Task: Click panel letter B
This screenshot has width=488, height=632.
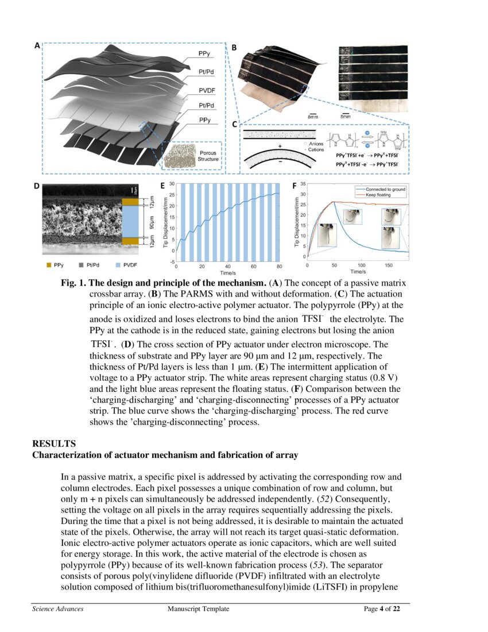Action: coord(234,47)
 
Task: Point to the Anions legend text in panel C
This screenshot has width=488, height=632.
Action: coord(316,144)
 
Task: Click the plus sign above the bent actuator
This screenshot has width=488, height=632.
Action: coord(280,147)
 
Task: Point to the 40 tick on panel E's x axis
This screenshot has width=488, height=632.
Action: coord(228,267)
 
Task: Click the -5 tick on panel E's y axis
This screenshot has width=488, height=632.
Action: coord(172,261)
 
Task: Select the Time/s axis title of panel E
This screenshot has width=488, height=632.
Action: coord(227,273)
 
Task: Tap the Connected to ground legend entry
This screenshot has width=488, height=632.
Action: coord(385,189)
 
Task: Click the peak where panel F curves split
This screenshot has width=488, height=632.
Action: coord(334,202)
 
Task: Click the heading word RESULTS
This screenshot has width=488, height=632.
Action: coord(51,444)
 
